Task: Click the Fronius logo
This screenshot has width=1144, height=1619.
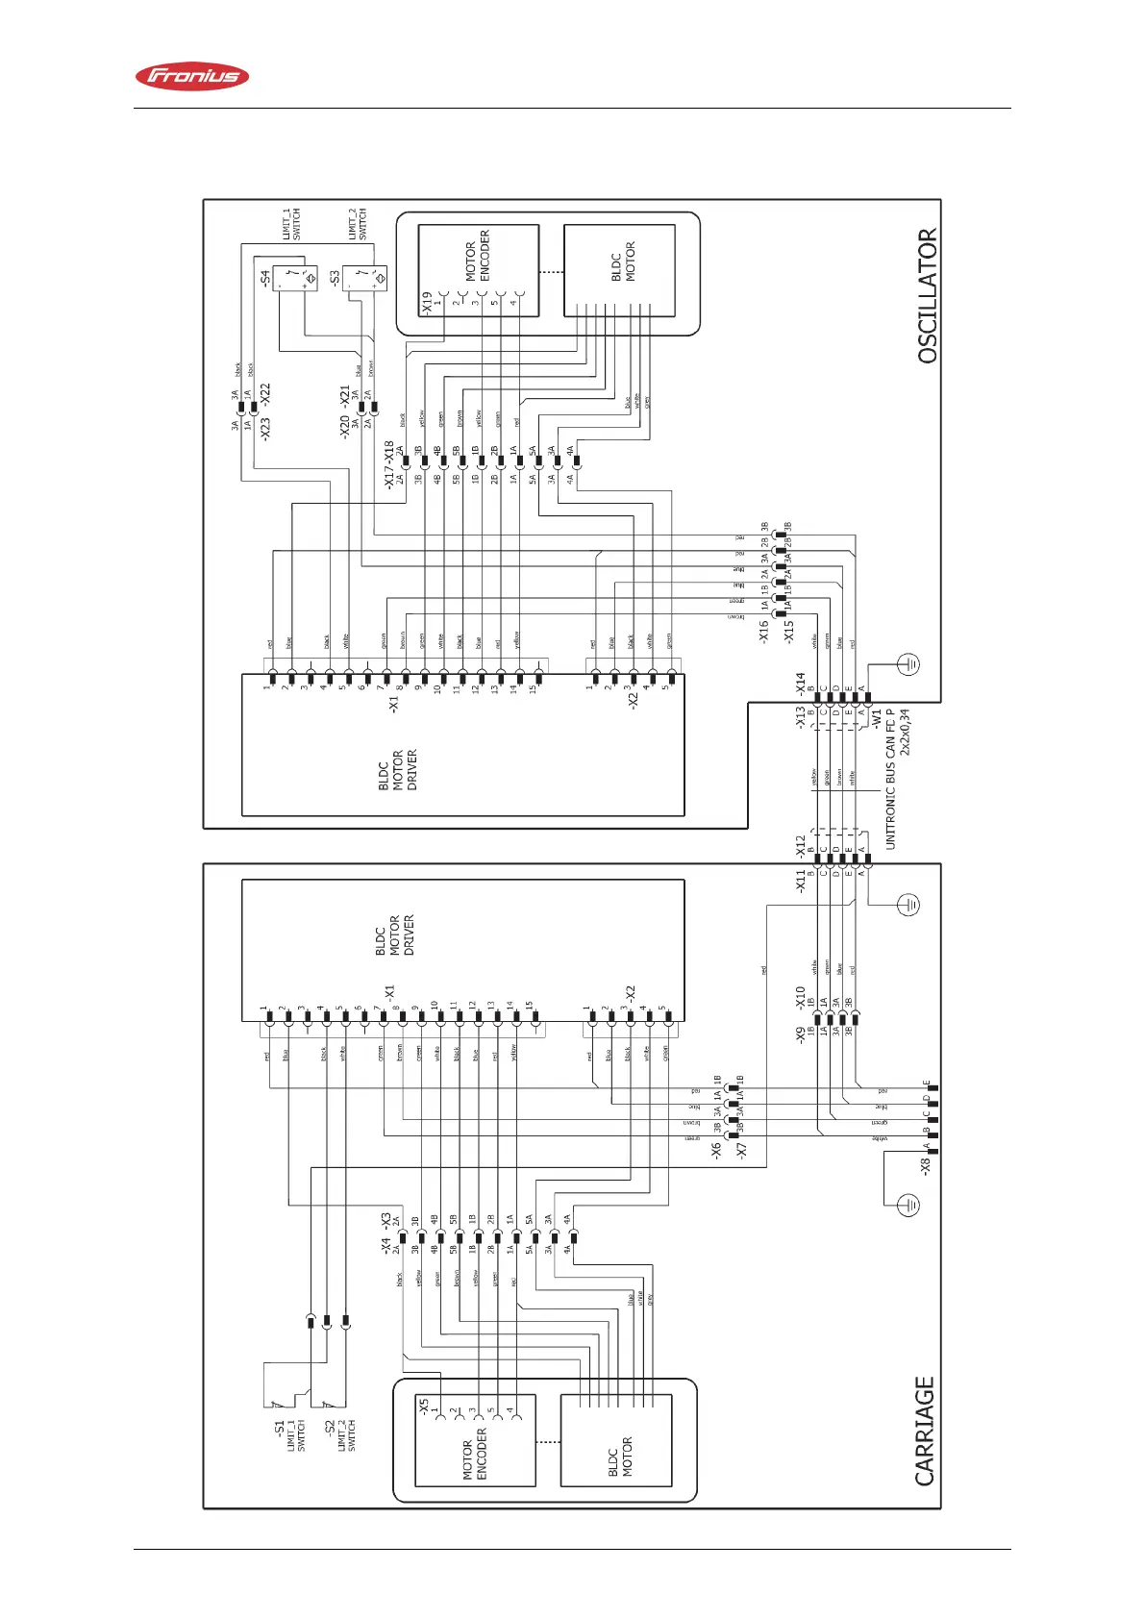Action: click(x=192, y=77)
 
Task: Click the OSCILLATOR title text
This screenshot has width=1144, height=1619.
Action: click(x=927, y=295)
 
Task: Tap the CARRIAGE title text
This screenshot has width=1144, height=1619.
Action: click(x=925, y=1431)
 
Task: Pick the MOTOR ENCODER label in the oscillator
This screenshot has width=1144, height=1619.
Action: click(x=478, y=256)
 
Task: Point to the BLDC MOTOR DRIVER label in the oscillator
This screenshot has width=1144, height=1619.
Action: click(x=398, y=770)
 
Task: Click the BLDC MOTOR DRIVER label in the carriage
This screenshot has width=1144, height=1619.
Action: click(x=395, y=934)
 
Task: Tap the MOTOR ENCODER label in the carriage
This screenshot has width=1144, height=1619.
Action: click(x=475, y=1453)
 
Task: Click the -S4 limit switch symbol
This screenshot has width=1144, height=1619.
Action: click(x=296, y=279)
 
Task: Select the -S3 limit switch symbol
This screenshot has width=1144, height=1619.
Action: click(x=366, y=279)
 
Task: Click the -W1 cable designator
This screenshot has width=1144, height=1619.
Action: click(x=876, y=717)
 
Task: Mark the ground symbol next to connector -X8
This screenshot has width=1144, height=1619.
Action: click(x=908, y=1204)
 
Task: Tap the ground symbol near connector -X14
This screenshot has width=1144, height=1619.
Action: click(x=908, y=663)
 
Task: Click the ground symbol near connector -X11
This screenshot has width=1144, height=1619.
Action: click(x=908, y=904)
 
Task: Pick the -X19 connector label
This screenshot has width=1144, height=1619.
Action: click(x=427, y=303)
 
